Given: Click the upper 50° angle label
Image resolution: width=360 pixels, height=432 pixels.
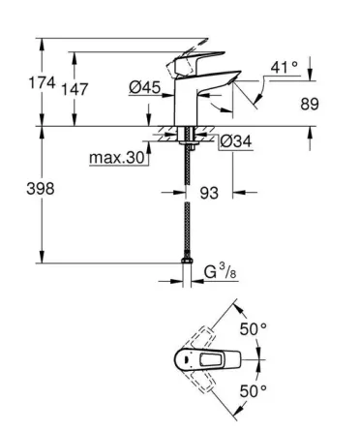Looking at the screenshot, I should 253,330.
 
